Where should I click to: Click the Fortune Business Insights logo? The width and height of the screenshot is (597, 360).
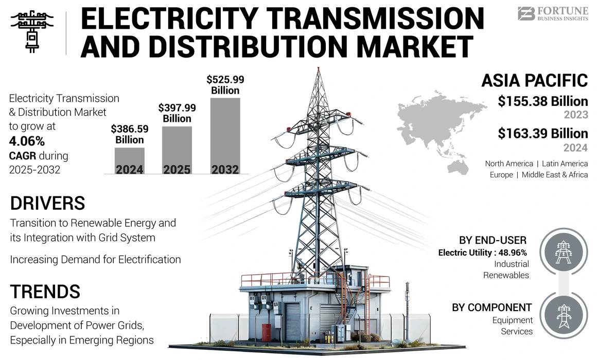tap(553, 13)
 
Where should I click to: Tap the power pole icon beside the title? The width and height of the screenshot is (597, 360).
tap(32, 30)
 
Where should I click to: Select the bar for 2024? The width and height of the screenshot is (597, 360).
tap(129, 161)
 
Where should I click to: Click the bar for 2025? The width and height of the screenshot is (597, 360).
tap(177, 150)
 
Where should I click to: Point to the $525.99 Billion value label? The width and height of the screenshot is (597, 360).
tap(225, 85)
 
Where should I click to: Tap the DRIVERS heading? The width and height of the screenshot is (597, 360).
tap(47, 203)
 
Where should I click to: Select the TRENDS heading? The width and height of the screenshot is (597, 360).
tap(45, 292)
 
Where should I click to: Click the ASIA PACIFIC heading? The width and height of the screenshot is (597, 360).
tap(534, 81)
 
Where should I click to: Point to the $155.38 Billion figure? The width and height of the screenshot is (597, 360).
tap(542, 101)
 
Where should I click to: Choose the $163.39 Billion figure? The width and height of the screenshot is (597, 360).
tap(542, 134)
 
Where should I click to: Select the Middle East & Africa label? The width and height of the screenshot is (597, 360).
tap(555, 175)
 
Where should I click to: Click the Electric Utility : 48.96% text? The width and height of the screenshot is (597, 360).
tap(482, 253)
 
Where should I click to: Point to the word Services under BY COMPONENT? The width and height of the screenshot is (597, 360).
tap(517, 331)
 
